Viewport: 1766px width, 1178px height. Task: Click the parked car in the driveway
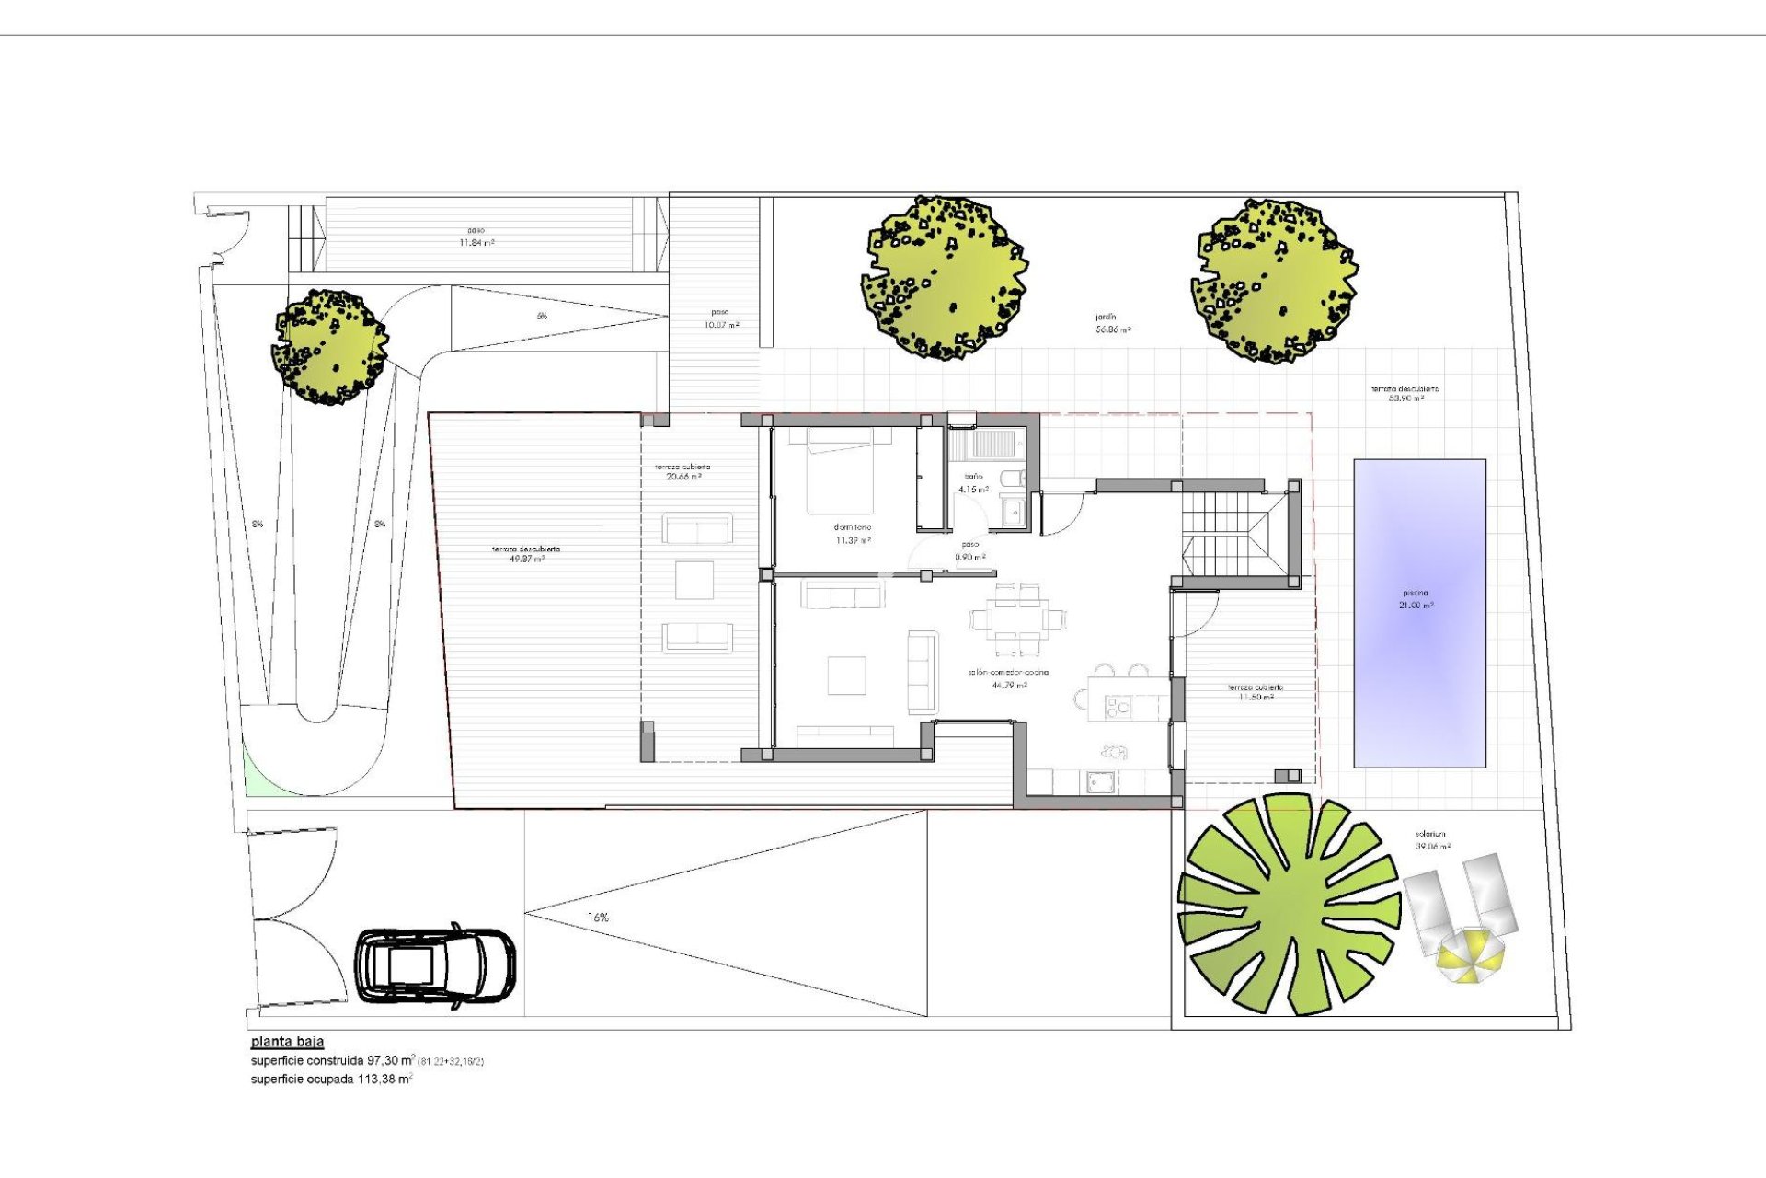(x=435, y=965)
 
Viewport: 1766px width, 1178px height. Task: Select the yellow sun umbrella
(x=1471, y=955)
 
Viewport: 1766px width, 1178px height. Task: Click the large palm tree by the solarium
(x=1288, y=907)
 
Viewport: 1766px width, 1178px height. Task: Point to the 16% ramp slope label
(x=598, y=918)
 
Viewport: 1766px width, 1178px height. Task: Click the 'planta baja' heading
(x=287, y=1042)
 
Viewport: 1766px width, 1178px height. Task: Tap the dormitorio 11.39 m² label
(x=853, y=535)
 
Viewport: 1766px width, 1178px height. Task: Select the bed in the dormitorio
(x=849, y=470)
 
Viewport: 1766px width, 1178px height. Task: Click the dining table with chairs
(x=1018, y=618)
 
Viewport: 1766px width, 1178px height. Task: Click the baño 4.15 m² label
(x=973, y=483)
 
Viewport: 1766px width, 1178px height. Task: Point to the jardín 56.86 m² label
(x=1112, y=323)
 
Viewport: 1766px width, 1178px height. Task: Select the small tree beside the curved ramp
(x=329, y=347)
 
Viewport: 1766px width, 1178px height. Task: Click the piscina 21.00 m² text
(x=1416, y=599)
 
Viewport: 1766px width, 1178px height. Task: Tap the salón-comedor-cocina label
(x=1008, y=678)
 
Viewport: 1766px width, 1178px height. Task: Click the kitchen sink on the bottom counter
(x=1101, y=782)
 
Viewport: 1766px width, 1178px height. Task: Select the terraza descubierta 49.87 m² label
(x=525, y=554)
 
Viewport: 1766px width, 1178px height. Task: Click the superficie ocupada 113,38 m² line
(x=331, y=1079)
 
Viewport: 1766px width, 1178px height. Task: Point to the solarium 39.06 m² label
(x=1433, y=840)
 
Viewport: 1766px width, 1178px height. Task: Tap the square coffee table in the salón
(x=846, y=675)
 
